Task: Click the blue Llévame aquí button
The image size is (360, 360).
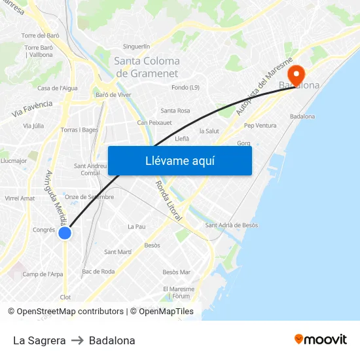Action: tap(179, 161)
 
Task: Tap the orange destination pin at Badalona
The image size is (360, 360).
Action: tap(296, 75)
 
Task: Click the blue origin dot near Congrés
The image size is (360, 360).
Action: tap(64, 233)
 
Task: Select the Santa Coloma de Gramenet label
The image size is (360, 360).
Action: tap(147, 67)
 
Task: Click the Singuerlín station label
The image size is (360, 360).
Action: tap(137, 46)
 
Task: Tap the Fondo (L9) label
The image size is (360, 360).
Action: tap(185, 87)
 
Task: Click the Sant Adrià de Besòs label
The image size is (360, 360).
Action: tap(231, 225)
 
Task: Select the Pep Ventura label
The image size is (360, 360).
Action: tap(260, 126)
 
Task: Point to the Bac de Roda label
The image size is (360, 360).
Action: tap(98, 272)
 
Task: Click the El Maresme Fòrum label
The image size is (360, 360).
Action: tap(179, 292)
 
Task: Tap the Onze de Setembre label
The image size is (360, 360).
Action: tap(89, 196)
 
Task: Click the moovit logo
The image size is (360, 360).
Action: tap(320, 340)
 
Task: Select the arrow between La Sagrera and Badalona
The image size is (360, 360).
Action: tap(77, 340)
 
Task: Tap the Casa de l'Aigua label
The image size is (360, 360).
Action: tap(58, 88)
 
